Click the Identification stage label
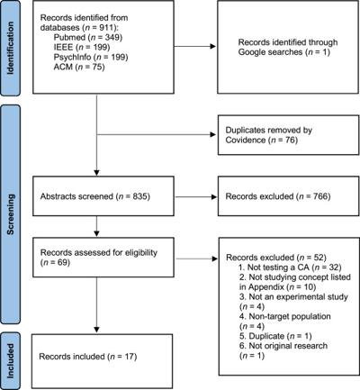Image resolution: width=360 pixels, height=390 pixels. tap(10, 48)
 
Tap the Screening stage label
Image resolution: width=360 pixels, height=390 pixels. tap(10, 214)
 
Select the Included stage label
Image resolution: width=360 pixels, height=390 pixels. tap(10, 360)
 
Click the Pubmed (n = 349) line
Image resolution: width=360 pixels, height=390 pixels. tap(88, 37)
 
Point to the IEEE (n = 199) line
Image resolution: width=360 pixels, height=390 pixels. tap(82, 47)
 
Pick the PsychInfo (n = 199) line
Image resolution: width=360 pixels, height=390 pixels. tap(91, 57)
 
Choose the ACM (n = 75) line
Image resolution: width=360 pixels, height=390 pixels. tap(79, 67)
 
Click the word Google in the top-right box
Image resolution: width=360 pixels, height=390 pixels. tap(255, 52)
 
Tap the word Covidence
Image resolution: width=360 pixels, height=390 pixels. tap(246, 140)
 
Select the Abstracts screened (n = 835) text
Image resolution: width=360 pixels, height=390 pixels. tap(95, 196)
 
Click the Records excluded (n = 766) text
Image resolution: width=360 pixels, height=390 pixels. tap(278, 196)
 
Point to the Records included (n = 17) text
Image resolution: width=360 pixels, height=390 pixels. tap(88, 357)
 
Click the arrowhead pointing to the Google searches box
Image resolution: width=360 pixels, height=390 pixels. tap(213, 46)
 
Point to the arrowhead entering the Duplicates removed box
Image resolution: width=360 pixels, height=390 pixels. tap(213, 134)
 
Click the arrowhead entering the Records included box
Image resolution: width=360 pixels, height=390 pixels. tap(96, 330)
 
